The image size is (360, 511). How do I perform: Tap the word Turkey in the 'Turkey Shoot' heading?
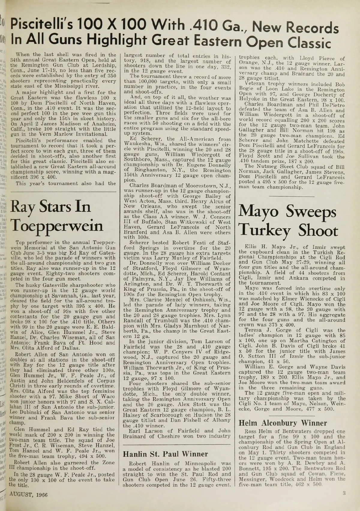(265, 231)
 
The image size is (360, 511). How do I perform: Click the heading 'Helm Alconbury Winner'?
(283, 423)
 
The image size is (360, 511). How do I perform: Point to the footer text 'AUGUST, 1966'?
(28, 494)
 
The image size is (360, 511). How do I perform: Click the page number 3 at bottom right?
(344, 493)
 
